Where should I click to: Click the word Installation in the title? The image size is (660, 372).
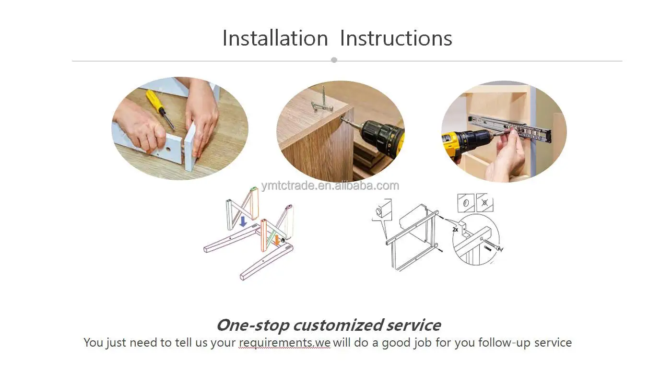(275, 38)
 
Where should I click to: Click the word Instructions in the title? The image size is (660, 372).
(396, 38)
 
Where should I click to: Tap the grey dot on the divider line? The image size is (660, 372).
(334, 60)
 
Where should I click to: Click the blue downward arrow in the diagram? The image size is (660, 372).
(243, 221)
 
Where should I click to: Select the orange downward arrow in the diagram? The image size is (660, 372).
(276, 240)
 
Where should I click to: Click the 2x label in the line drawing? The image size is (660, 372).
(455, 230)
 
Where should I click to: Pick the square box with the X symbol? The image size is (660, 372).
(484, 202)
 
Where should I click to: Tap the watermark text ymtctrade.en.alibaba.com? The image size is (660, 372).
(330, 186)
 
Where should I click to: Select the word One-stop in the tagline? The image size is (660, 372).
(253, 325)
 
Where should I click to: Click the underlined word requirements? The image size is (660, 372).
(275, 343)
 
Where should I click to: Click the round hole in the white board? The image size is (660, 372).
(168, 150)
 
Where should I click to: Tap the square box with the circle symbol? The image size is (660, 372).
(466, 203)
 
